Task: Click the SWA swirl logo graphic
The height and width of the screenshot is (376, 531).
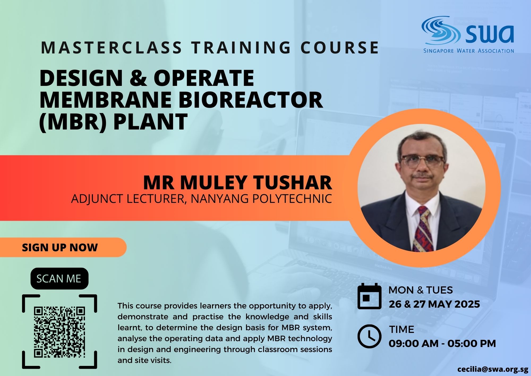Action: click(x=441, y=30)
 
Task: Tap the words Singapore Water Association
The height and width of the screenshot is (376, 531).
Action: click(x=469, y=51)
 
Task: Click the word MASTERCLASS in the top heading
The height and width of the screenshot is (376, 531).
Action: click(x=112, y=48)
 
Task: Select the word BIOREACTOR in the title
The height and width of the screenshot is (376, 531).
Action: click(x=252, y=99)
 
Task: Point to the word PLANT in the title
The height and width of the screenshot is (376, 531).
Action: click(x=151, y=122)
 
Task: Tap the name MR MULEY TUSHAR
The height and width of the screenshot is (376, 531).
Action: click(x=238, y=182)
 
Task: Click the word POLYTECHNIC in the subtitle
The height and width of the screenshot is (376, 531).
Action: click(x=292, y=199)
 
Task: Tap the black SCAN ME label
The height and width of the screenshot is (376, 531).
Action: click(x=59, y=278)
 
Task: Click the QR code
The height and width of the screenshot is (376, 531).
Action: click(x=59, y=332)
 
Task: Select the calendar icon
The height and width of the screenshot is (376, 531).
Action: click(x=369, y=296)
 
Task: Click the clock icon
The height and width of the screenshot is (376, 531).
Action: click(x=369, y=336)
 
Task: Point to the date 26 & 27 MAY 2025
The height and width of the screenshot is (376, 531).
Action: click(x=434, y=304)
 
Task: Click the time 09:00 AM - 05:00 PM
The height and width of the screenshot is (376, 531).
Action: click(x=442, y=344)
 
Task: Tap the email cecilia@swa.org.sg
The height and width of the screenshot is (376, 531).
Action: click(x=493, y=369)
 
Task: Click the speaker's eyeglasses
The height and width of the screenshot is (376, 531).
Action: click(x=422, y=162)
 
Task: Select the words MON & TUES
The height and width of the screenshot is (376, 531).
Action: click(x=421, y=290)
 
